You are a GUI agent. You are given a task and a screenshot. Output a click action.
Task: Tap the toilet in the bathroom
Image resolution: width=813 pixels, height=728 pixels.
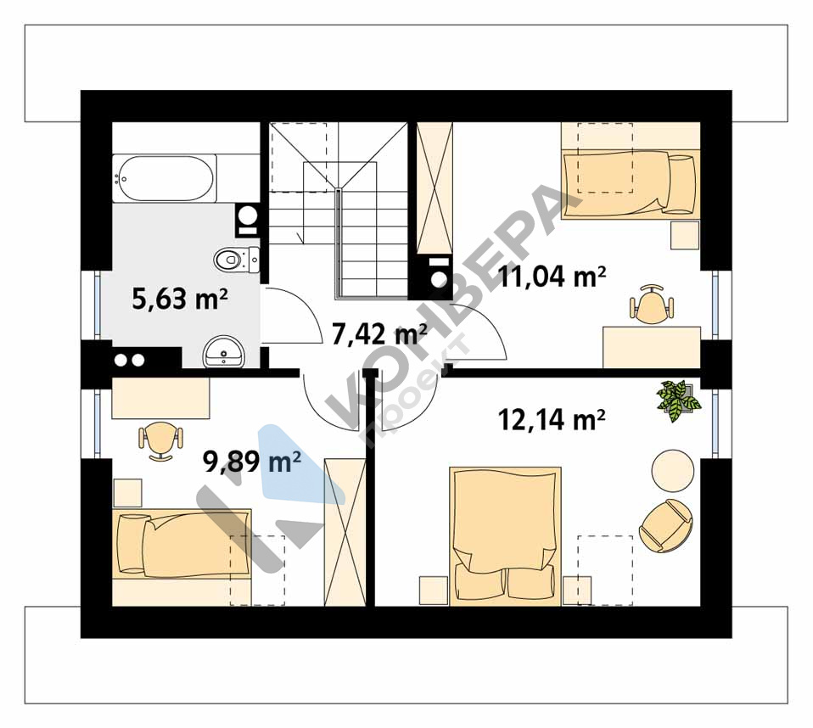coord(237,260)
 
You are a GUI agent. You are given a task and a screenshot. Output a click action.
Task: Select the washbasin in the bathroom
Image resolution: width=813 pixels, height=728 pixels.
coord(223,352)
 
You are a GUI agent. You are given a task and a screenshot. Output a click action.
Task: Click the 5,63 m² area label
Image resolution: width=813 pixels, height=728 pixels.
coord(180,300)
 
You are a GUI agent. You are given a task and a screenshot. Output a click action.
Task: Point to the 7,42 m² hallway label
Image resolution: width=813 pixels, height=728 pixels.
coord(379,334)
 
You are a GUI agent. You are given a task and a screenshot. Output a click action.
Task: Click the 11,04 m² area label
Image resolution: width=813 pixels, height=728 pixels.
coord(552,277)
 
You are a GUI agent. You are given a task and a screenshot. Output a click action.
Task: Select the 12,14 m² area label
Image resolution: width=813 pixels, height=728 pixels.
coord(552,419)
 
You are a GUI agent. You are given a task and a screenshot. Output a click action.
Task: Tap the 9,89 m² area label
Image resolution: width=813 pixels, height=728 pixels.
coord(253,461)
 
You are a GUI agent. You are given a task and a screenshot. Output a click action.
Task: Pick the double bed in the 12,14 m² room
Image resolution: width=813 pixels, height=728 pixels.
coord(506,536)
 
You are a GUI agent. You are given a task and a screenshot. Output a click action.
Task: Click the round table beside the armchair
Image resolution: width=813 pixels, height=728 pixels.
coord(672,470)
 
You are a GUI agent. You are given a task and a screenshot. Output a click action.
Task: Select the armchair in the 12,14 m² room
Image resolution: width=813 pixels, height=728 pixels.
coord(665,526)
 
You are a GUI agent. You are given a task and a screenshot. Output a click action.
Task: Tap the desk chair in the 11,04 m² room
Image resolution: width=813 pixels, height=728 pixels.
coord(652,304)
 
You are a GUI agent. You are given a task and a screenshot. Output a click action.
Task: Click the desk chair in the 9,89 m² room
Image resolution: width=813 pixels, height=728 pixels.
coord(161,440)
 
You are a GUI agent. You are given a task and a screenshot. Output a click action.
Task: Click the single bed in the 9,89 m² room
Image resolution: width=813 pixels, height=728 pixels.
coord(182,545)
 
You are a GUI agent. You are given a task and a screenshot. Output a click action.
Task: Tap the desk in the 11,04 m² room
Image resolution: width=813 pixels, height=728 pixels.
coord(651,347)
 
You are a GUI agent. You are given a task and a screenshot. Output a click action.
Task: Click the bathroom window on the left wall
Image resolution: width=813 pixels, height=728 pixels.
coord(97,305)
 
